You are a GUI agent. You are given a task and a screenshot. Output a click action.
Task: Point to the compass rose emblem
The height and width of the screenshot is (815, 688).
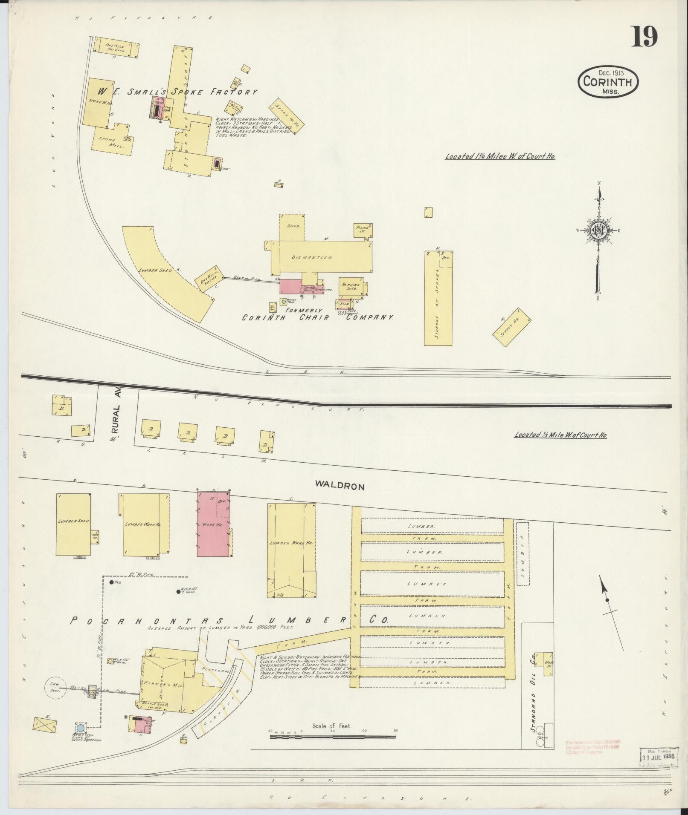(598, 231)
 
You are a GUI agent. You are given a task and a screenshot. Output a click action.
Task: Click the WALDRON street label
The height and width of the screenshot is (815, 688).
(340, 485)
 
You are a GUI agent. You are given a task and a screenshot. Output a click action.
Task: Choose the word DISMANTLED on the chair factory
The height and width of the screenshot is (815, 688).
(318, 258)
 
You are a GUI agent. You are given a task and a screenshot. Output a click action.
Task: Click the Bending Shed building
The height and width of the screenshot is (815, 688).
(352, 287)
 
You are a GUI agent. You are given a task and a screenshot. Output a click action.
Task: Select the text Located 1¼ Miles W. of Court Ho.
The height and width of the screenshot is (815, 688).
(500, 156)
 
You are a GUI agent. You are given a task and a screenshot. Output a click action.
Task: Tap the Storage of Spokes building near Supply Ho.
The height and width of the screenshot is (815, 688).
(438, 298)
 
